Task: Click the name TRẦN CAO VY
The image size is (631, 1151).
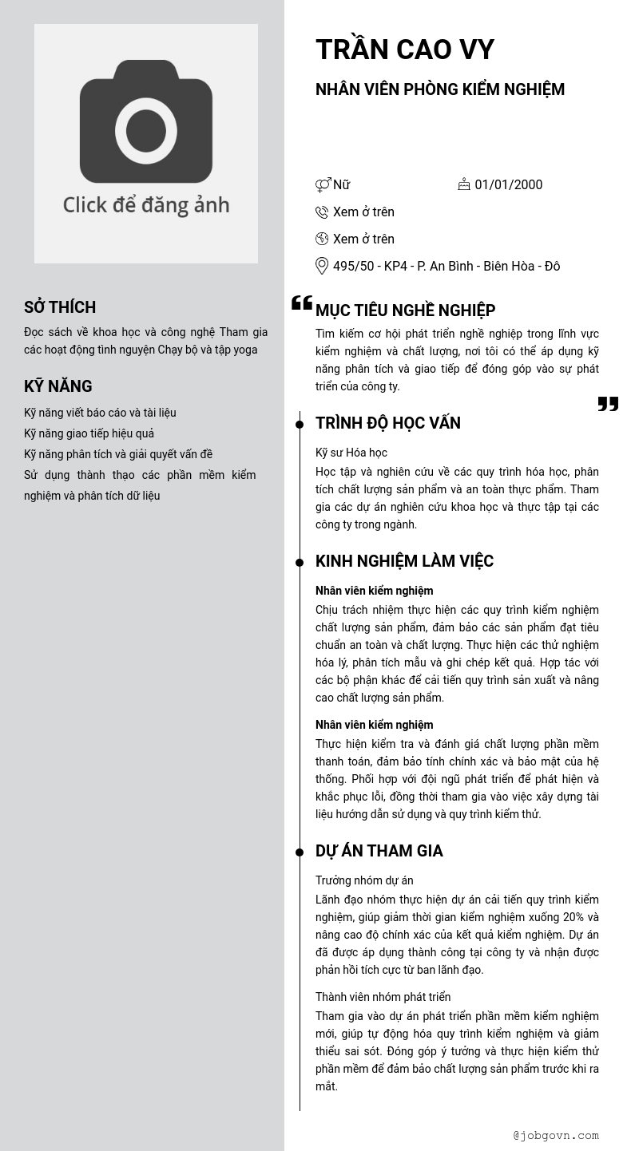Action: (x=405, y=50)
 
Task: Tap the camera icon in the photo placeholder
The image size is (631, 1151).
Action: (x=146, y=122)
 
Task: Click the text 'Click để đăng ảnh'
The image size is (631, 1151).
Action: (x=146, y=205)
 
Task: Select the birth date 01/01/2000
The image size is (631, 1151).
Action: (x=508, y=185)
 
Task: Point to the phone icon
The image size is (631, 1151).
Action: (x=322, y=212)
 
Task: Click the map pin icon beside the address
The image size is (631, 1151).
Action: (x=322, y=266)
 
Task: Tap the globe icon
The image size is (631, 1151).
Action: (x=322, y=239)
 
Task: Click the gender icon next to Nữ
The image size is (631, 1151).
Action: (x=323, y=185)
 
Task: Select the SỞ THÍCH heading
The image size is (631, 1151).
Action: (x=60, y=307)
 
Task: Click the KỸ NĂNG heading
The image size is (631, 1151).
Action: (x=58, y=386)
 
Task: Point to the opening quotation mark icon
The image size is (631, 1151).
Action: (x=301, y=303)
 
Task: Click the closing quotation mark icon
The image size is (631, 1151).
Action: (x=608, y=404)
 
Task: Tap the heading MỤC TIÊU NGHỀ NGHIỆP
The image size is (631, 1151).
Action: (x=405, y=310)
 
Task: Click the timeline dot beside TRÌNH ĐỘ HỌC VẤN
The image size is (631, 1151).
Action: (x=300, y=425)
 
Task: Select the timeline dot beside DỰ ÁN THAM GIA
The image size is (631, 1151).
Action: (x=300, y=852)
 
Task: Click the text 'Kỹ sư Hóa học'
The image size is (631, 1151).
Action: (x=351, y=453)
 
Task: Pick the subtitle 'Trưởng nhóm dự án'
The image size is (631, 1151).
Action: (x=364, y=880)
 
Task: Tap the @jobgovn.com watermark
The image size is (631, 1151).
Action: (x=556, y=1135)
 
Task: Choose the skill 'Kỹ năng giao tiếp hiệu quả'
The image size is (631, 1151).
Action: (x=89, y=433)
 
